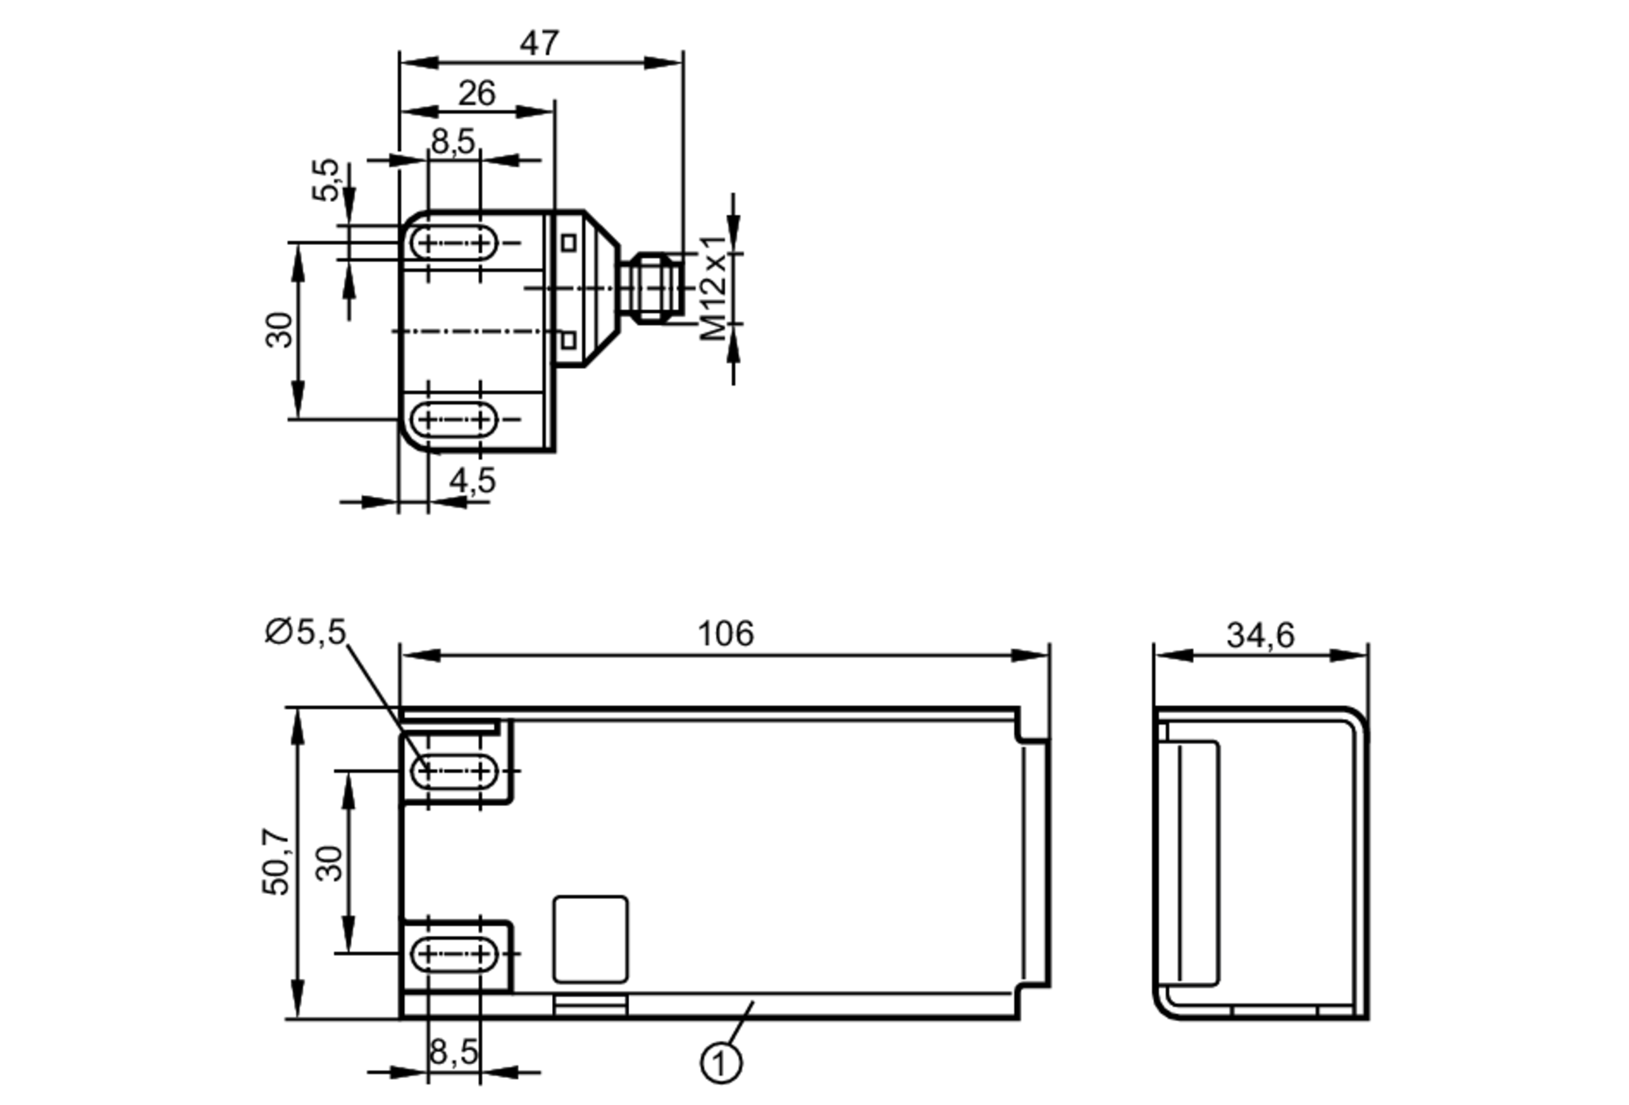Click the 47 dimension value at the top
pos(539,43)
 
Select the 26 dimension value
pos(476,94)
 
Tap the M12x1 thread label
pos(714,287)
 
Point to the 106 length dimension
pos(725,634)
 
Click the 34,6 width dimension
pos(1260,635)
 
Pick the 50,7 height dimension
pos(276,862)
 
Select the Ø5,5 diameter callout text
pos(305,632)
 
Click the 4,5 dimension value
pos(472,480)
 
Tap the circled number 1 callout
pos(721,1063)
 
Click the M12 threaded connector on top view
pos(652,287)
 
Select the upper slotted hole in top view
pos(454,243)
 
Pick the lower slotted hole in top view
pos(454,420)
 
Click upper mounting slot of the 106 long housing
pos(454,770)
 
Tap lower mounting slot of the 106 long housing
pos(454,954)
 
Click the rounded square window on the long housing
pos(590,939)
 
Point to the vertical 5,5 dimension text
pos(326,179)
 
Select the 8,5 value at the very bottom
pos(454,1052)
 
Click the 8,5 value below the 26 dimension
pos(453,142)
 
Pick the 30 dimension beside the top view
pos(279,330)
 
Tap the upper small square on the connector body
pos(569,243)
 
